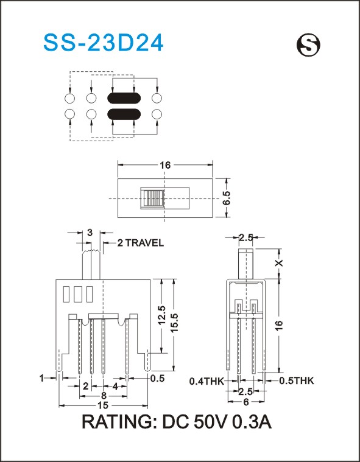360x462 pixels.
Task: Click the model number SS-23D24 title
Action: pyautogui.click(x=103, y=44)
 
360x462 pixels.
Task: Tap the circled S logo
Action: pyautogui.click(x=308, y=45)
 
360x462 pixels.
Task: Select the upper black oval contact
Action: pyautogui.click(x=124, y=99)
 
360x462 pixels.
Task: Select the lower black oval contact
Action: pyautogui.click(x=124, y=114)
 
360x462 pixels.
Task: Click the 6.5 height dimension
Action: pyautogui.click(x=227, y=198)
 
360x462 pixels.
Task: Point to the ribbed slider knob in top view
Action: pyautogui.click(x=152, y=198)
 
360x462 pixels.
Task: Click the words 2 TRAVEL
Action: pyautogui.click(x=140, y=243)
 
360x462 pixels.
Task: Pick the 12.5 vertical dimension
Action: pyautogui.click(x=161, y=315)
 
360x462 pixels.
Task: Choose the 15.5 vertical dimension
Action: pyautogui.click(x=174, y=323)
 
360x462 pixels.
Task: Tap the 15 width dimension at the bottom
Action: pyautogui.click(x=103, y=406)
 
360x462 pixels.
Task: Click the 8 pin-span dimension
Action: pyautogui.click(x=104, y=396)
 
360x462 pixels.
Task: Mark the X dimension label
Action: pyautogui.click(x=279, y=263)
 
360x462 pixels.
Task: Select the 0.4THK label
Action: pyautogui.click(x=206, y=381)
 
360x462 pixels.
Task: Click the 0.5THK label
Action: pyautogui.click(x=297, y=380)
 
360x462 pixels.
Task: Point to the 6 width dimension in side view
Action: pyautogui.click(x=247, y=402)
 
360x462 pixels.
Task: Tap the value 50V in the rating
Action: pyautogui.click(x=210, y=422)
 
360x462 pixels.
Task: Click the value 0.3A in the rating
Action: pyautogui.click(x=252, y=422)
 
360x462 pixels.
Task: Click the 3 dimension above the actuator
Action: pyautogui.click(x=90, y=233)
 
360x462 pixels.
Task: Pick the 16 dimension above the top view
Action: pyautogui.click(x=166, y=165)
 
